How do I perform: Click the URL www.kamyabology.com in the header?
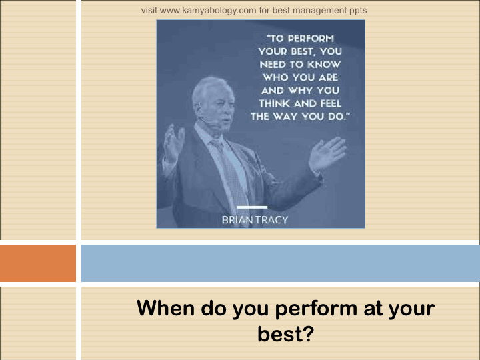[208, 11]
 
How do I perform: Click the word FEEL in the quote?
[331, 103]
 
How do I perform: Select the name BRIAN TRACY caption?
[255, 220]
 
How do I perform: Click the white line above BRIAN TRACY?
[252, 207]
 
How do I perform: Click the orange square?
[38, 263]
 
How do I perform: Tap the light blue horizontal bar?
[281, 263]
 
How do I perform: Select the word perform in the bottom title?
[316, 309]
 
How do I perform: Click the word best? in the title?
[286, 334]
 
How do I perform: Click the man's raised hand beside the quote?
[327, 155]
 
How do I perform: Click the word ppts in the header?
[358, 11]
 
